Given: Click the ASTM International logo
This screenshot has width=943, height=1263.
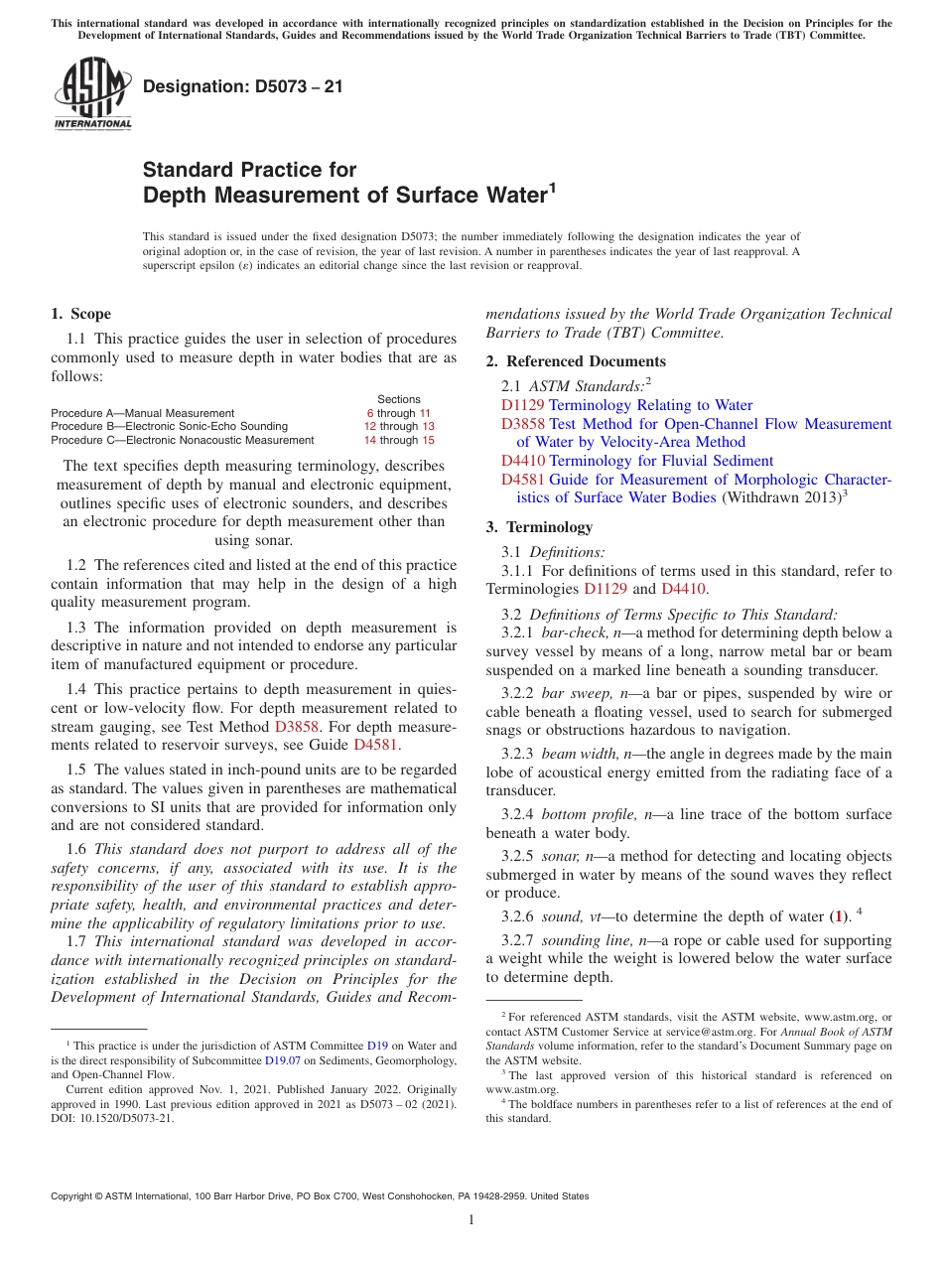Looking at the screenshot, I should point(92,93).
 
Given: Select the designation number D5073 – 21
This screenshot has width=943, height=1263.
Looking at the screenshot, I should point(243,86).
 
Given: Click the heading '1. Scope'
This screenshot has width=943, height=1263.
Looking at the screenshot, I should point(81,314).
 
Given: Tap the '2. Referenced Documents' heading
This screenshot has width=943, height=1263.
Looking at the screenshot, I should point(576,361).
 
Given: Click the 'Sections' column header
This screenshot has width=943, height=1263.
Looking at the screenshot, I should point(399,399).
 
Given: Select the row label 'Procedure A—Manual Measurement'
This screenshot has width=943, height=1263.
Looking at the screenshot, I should point(143,413).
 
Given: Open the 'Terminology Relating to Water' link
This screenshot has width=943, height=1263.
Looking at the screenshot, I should point(650,405).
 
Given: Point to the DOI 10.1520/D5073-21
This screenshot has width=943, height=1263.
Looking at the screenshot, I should point(128,1118).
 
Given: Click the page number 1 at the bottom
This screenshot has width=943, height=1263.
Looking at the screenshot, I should point(471,1220).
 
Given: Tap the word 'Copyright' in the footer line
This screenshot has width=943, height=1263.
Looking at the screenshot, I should point(74,1196).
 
